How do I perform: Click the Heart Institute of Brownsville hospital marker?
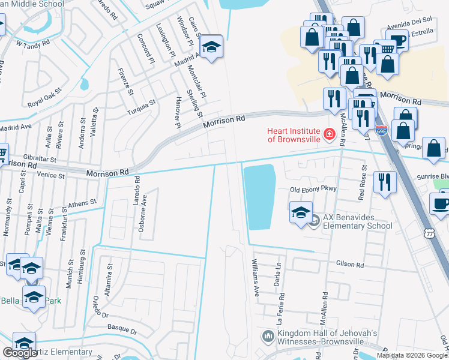[328, 134]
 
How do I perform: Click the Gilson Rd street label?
[351, 265]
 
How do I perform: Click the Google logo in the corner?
[20, 353]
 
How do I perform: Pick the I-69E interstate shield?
[381, 129]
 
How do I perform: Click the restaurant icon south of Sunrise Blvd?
[385, 182]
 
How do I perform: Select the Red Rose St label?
[362, 188]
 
